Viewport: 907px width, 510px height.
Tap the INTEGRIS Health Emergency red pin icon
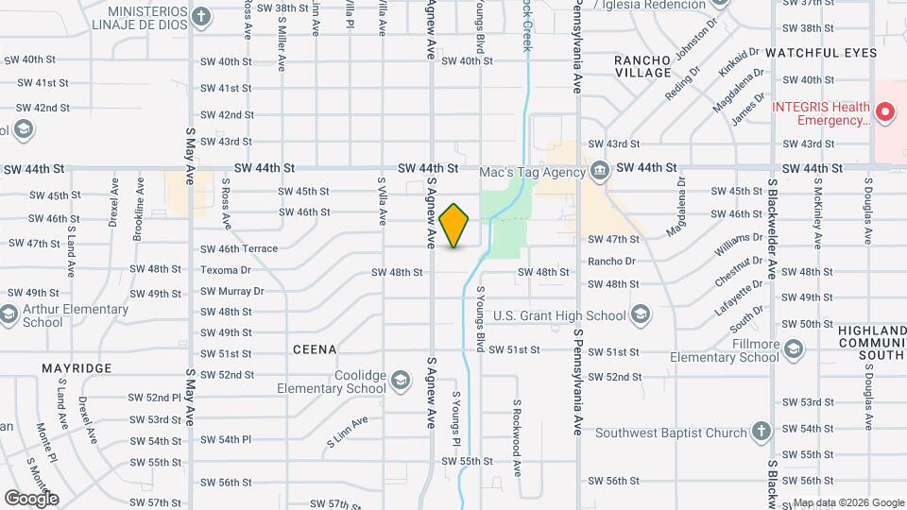[x=885, y=114]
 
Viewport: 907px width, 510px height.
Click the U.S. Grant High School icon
[x=641, y=315]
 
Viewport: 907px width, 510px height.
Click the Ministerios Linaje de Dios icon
[x=200, y=17]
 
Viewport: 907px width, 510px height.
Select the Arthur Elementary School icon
[x=9, y=315]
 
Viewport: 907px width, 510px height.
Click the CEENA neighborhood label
[x=315, y=349]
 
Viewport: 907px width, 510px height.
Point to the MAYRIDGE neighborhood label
[x=77, y=367]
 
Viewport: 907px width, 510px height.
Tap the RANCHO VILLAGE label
[x=642, y=67]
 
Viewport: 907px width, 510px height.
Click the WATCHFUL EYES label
[x=821, y=53]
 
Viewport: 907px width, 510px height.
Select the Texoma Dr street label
[x=226, y=270]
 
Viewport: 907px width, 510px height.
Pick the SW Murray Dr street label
[x=231, y=291]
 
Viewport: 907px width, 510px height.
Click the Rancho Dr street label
[x=612, y=262]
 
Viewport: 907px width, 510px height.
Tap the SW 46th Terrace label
[x=239, y=249]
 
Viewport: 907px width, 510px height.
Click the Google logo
[x=30, y=498]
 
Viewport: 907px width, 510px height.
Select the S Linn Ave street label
[x=347, y=431]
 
